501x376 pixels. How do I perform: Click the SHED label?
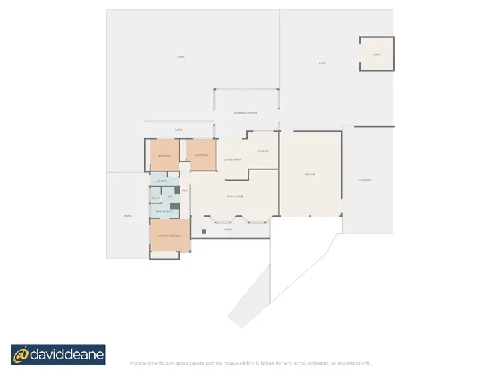[377, 54]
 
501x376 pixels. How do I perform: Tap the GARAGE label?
[310, 175]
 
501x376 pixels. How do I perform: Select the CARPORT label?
[364, 180]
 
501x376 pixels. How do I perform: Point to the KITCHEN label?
[263, 151]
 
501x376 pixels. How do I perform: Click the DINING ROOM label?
[232, 159]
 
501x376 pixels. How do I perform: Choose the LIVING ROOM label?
[234, 197]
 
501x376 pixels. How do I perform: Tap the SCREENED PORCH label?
[245, 113]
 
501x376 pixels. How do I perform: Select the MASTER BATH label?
[164, 211]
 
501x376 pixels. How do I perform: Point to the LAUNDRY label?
[160, 181]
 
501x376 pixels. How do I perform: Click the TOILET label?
[156, 199]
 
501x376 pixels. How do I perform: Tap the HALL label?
[185, 191]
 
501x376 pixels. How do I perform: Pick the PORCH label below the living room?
[228, 229]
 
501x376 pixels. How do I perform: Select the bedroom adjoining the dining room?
[201, 155]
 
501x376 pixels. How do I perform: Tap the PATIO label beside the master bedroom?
[127, 215]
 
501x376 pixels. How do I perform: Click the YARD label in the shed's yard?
[321, 64]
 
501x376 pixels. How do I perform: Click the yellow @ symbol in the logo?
[22, 355]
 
